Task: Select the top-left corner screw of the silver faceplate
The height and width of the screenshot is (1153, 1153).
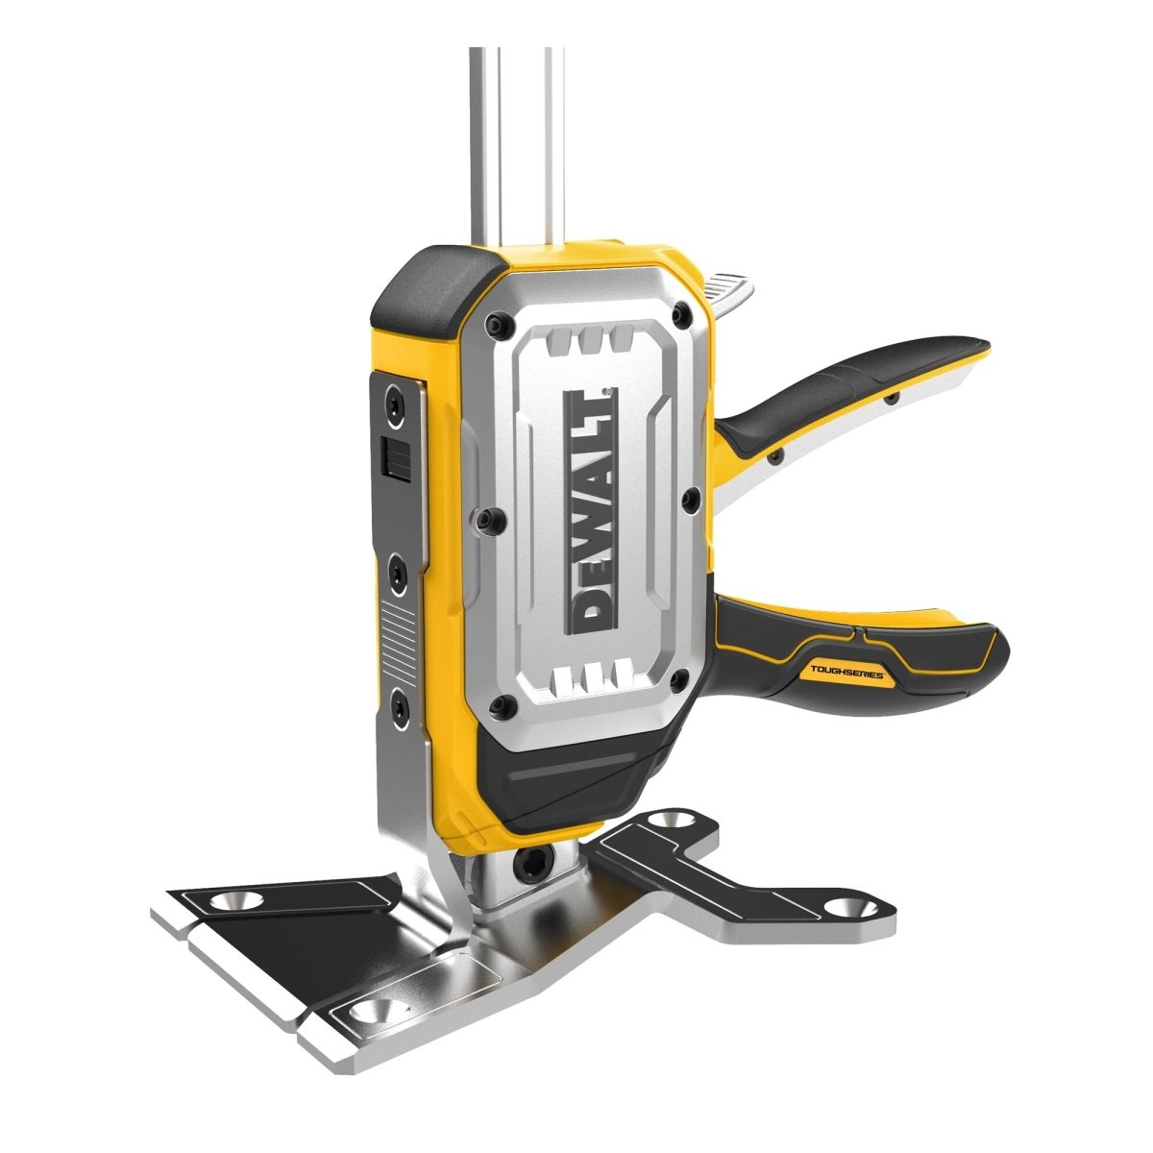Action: [x=493, y=325]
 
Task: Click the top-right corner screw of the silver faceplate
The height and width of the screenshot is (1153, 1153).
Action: [x=682, y=313]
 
